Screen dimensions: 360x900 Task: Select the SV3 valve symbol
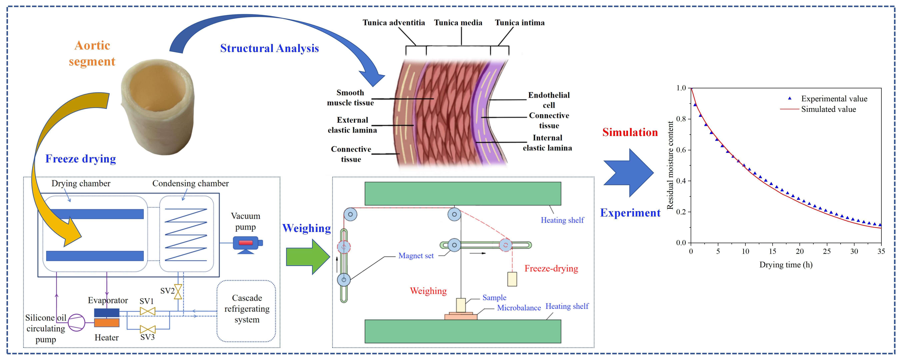(147, 329)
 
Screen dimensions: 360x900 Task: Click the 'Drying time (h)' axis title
(786, 264)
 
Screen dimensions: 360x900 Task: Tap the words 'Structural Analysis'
(269, 48)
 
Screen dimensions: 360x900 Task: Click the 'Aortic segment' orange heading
(92, 53)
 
